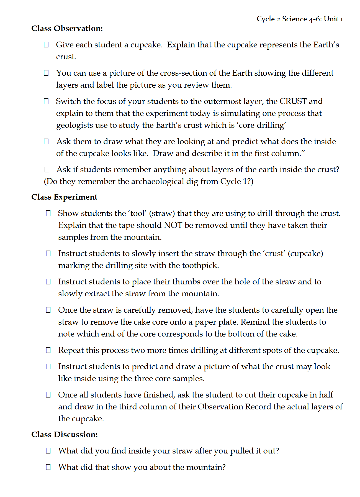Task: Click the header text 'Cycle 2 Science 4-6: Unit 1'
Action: [x=300, y=19]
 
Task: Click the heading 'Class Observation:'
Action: [x=67, y=28]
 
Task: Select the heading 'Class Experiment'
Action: [x=64, y=197]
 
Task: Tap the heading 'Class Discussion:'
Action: [x=65, y=434]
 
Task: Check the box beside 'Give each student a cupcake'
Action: [x=46, y=45]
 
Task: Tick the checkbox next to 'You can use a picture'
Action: [x=46, y=73]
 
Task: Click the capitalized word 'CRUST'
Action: [x=293, y=101]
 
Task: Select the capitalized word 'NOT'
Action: [x=173, y=225]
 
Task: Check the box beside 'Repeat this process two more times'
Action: [x=48, y=350]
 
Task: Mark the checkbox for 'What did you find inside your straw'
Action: [x=48, y=451]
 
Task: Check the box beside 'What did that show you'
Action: [x=48, y=467]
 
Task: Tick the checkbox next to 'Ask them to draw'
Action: [x=46, y=141]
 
